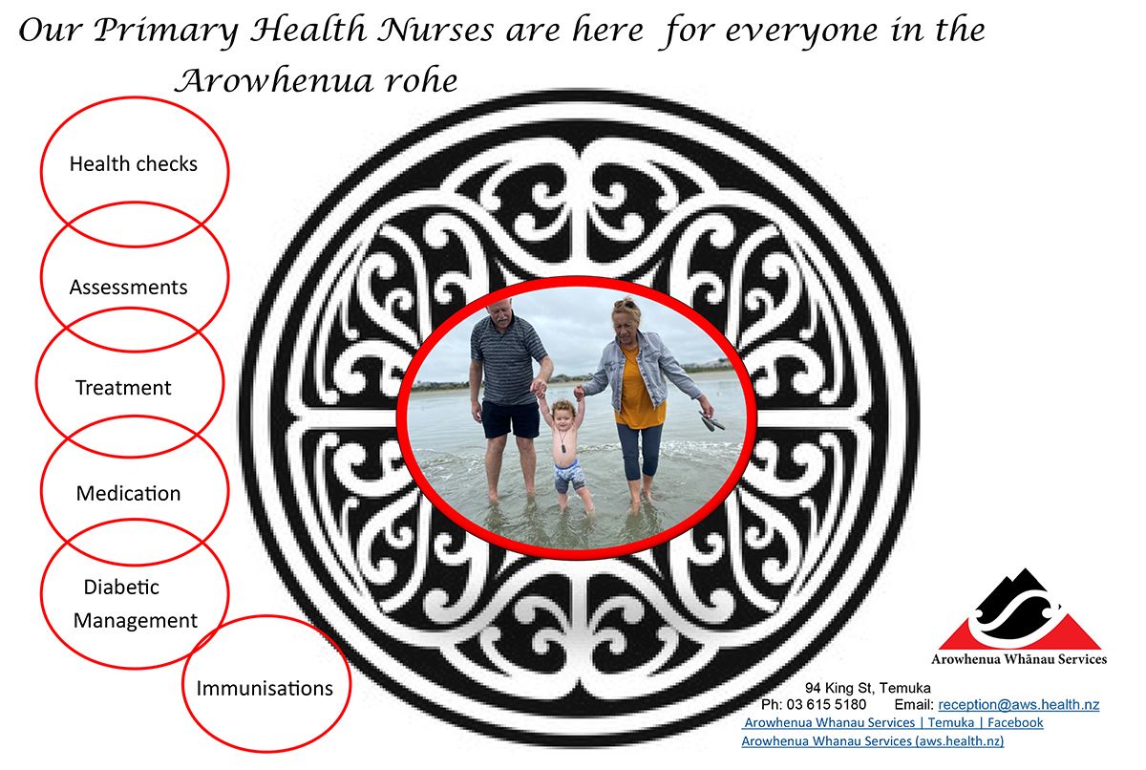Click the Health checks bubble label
coord(134,163)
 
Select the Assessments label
coord(128,287)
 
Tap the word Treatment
coord(123,387)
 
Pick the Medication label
coord(128,493)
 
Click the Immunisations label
coord(265,688)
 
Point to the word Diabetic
coord(121,587)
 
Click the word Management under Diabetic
coord(135,621)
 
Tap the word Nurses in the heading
coord(435,30)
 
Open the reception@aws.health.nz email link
coord(1019,704)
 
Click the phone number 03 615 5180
coord(826,704)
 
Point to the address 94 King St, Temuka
coord(868,688)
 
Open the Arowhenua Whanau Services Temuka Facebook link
coord(893,722)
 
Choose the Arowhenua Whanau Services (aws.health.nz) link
coord(873,740)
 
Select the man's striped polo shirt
coord(505,358)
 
